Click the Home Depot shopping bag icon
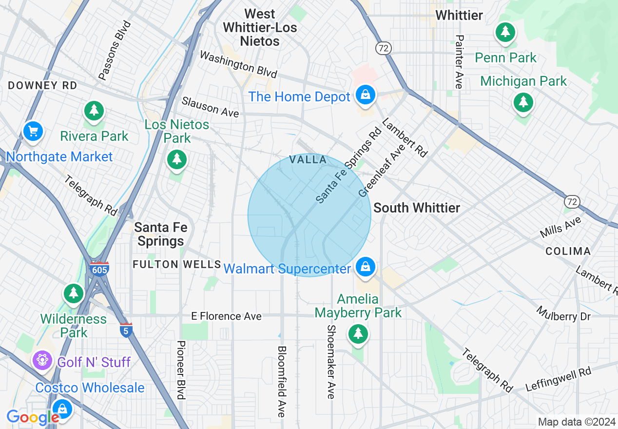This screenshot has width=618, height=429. tap(365, 95)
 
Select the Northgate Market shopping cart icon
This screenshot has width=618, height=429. tap(33, 131)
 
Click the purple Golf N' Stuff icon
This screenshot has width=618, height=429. tap(43, 360)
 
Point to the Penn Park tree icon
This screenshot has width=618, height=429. tap(505, 33)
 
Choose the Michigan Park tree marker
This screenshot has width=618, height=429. tap(523, 102)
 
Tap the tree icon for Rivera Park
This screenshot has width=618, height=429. tap(94, 111)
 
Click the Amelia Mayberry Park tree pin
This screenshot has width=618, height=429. tap(358, 334)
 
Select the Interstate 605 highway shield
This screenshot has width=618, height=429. tap(99, 268)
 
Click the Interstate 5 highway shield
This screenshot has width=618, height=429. tap(126, 330)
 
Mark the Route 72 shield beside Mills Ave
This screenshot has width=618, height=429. tap(572, 201)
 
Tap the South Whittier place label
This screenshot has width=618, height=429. tap(417, 208)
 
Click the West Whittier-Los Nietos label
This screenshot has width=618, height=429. tap(260, 28)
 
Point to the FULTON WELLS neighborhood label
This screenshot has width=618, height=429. tap(177, 265)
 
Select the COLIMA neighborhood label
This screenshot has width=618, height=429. tap(568, 252)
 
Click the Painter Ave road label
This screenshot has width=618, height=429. tap(458, 61)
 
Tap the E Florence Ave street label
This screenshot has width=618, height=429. tap(226, 316)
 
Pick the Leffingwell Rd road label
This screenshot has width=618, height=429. tap(558, 380)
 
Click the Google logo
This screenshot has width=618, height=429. tap(33, 417)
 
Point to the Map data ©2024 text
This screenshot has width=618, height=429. tap(577, 422)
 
